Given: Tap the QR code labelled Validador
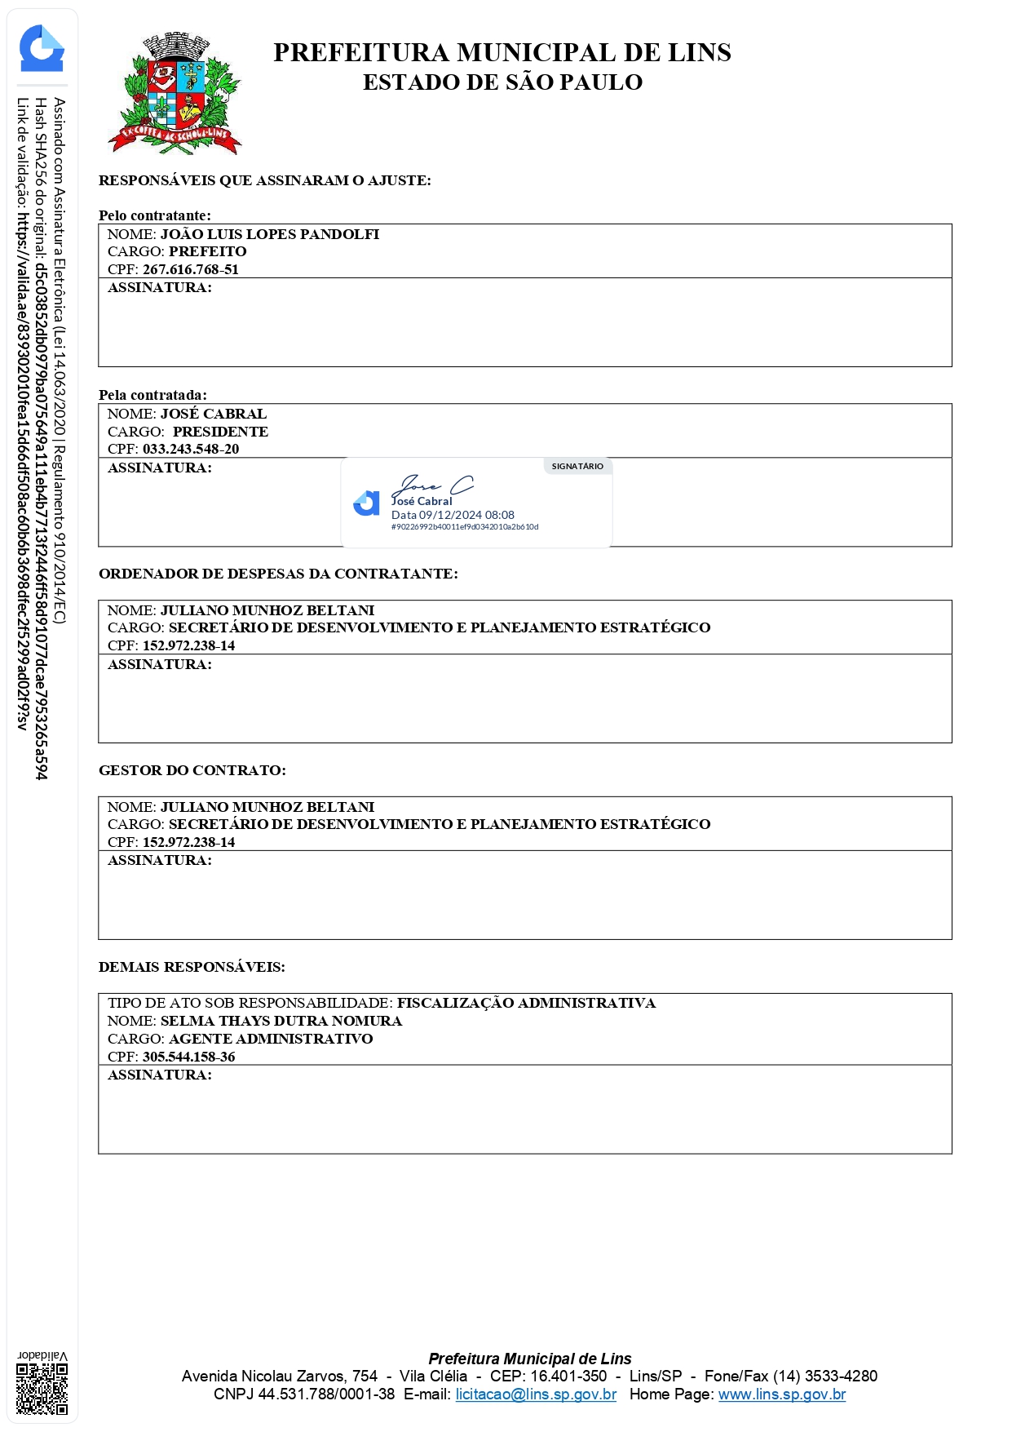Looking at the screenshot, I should click(42, 1388).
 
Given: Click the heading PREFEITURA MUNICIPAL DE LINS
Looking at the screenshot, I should click(502, 53).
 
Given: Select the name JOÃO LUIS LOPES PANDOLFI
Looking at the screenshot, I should click(269, 235).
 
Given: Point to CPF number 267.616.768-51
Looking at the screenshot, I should click(191, 270).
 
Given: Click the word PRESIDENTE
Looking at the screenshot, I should click(220, 432).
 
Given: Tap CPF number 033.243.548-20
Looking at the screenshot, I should click(191, 450).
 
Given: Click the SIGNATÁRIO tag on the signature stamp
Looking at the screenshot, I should click(577, 467).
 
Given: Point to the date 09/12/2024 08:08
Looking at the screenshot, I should click(466, 516).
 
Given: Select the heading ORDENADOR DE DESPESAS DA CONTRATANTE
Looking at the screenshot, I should click(278, 574).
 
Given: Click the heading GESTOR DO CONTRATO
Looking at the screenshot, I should click(192, 771).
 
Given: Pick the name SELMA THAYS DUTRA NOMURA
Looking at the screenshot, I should click(281, 1022).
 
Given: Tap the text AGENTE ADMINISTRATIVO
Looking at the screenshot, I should click(271, 1040).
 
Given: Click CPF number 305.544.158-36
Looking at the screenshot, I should click(189, 1057).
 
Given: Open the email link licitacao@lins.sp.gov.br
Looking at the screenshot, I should click(536, 1394).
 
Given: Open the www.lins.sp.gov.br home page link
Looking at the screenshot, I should click(781, 1394).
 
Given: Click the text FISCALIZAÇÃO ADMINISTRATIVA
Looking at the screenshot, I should click(526, 1004).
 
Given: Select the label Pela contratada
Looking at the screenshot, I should click(152, 396).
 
